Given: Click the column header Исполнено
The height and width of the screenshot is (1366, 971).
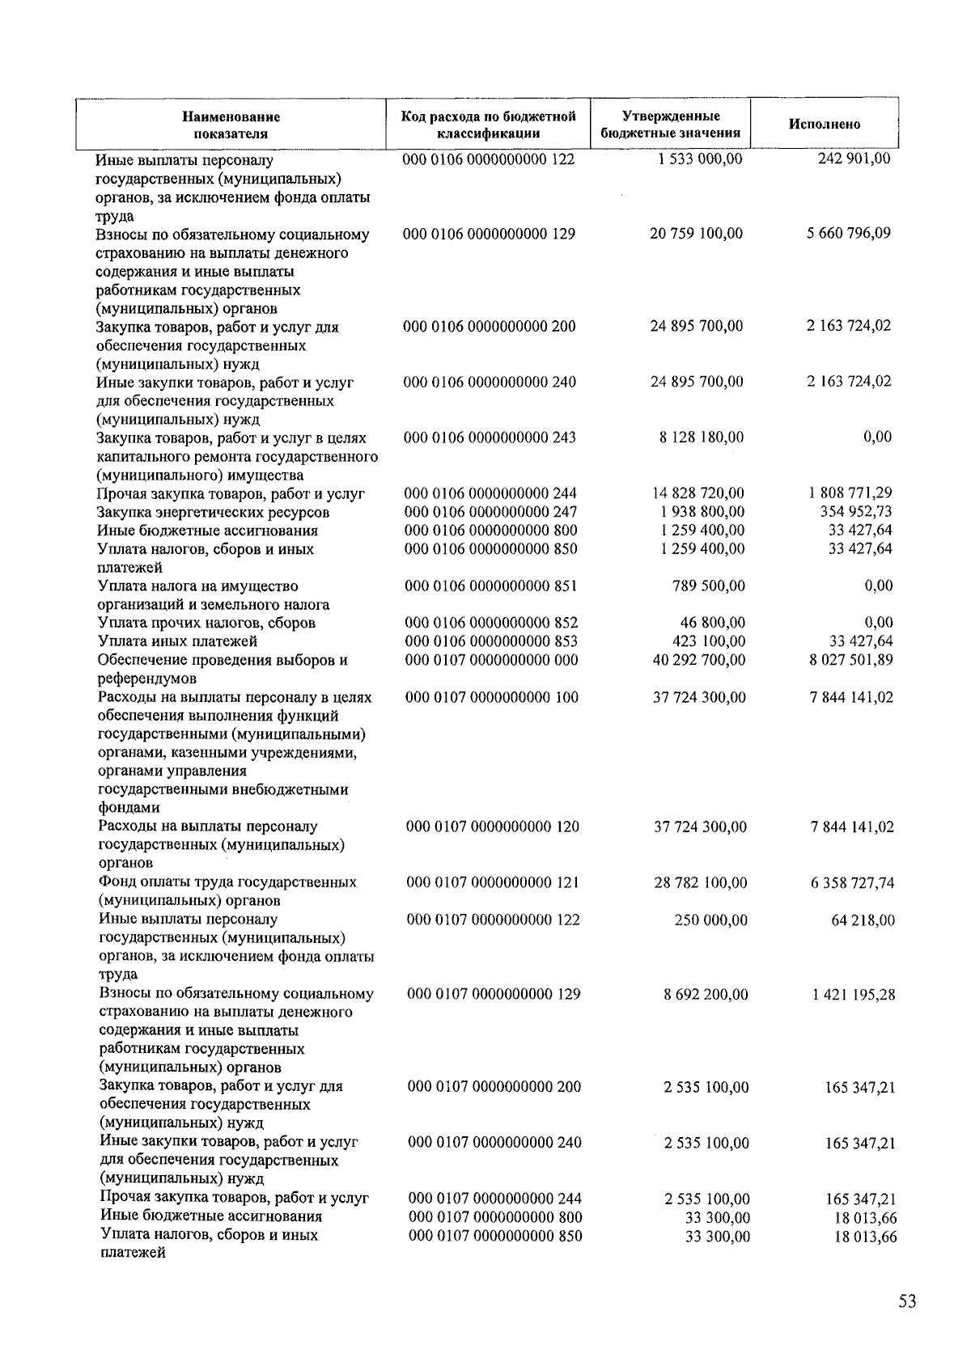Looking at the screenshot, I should click(x=824, y=125).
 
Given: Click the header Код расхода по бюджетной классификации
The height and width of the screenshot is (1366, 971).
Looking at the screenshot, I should click(x=489, y=125).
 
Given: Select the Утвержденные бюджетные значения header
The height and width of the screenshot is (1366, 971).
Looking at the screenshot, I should click(x=671, y=125).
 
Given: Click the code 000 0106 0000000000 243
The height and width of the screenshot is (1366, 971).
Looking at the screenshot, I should click(x=490, y=438).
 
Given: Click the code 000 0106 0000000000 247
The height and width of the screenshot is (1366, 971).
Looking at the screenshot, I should click(x=490, y=512).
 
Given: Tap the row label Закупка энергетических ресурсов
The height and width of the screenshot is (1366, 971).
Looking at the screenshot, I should click(x=213, y=512).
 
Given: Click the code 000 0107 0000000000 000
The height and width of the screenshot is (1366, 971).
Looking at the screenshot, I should click(x=491, y=660).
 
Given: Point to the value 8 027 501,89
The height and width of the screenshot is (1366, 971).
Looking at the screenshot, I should click(x=851, y=660).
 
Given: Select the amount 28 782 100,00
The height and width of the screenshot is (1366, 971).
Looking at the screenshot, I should click(x=701, y=882).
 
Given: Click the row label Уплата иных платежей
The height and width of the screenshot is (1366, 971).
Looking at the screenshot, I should click(x=177, y=641).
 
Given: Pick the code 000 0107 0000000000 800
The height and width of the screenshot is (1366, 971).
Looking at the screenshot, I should click(x=495, y=1217).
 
